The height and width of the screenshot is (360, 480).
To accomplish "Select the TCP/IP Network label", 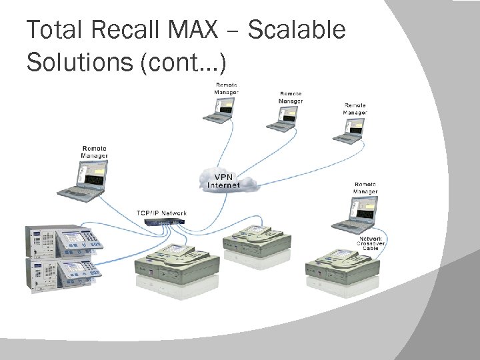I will (x=161, y=213).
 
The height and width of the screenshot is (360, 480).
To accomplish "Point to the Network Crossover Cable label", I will (x=371, y=244).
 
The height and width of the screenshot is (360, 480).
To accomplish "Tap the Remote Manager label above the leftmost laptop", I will (x=94, y=152).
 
